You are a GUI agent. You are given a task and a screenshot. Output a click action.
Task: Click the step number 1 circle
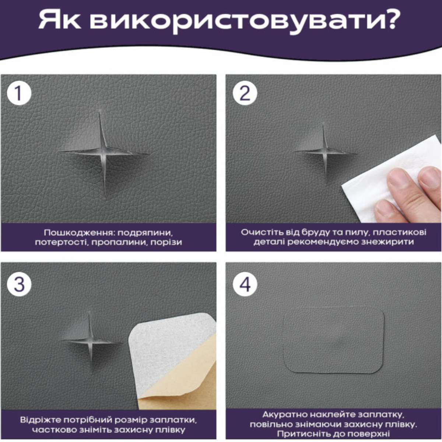(19, 93)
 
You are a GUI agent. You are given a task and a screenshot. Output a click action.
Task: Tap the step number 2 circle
(245, 93)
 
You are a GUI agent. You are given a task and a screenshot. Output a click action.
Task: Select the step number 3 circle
(19, 284)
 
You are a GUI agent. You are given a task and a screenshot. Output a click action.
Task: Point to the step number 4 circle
(245, 284)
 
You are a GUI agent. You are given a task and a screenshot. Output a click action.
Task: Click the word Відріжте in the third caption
(41, 420)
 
